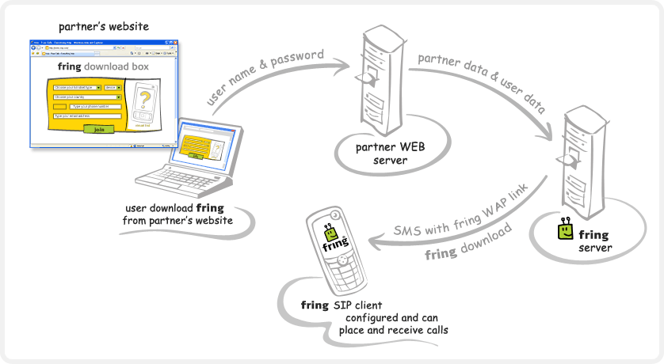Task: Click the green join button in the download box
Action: [99, 129]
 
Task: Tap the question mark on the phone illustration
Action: [144, 100]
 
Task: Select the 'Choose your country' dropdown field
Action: [87, 97]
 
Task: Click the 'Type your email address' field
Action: [87, 116]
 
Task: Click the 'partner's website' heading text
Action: [103, 27]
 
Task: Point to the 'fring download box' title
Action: [103, 67]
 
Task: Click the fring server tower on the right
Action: [577, 158]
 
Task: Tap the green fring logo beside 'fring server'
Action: [565, 230]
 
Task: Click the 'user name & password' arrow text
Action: [265, 77]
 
